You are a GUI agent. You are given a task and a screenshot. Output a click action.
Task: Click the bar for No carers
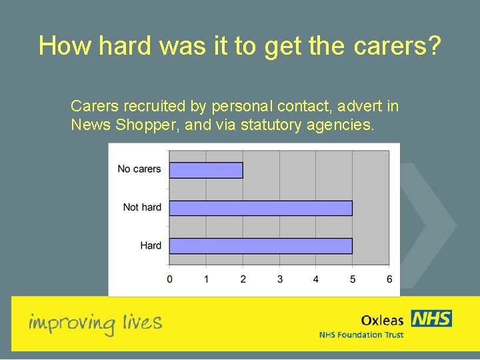tap(206, 170)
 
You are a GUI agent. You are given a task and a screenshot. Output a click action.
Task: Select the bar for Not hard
tap(261, 208)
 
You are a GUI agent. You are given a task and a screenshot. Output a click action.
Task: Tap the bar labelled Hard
tap(261, 245)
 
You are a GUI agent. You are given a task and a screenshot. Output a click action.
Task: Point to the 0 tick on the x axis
tap(169, 279)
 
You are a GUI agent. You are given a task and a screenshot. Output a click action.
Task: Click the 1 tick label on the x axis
tap(206, 279)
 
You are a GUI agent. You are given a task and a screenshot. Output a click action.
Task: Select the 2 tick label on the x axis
tap(243, 279)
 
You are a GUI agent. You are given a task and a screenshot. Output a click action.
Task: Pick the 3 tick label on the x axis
tap(279, 279)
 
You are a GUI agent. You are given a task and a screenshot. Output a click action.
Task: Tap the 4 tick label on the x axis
tap(316, 279)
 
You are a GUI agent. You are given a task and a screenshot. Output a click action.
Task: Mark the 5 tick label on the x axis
tap(353, 279)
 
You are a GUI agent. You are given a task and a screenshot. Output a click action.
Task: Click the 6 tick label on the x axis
tap(389, 279)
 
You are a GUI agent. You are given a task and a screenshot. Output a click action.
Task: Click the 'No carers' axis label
tap(139, 169)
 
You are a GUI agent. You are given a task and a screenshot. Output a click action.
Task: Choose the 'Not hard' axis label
tap(142, 207)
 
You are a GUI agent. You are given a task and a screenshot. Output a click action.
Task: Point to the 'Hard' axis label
tap(151, 245)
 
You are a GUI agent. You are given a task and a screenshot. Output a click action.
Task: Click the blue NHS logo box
tap(431, 318)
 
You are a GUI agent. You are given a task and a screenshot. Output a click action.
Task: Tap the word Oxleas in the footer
tap(382, 321)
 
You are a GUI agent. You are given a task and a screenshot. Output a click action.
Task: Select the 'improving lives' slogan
tap(95, 323)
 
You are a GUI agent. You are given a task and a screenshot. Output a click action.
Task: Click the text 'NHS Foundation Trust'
tap(361, 335)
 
